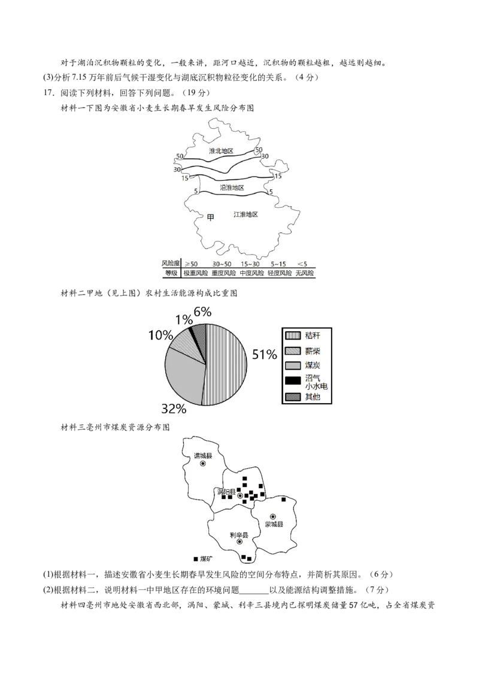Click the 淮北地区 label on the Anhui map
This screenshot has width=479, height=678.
[221, 151]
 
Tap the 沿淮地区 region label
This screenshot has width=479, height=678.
[232, 187]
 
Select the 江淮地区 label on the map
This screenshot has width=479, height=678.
[245, 214]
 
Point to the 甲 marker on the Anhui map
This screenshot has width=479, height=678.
[211, 217]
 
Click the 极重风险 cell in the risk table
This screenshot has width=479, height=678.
[196, 273]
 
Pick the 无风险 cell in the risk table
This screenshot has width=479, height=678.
[305, 273]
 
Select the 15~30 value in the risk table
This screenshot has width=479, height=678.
[250, 264]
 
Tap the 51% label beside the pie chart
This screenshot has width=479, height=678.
[264, 355]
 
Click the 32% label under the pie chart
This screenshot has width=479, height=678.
[174, 408]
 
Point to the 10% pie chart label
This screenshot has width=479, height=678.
[160, 335]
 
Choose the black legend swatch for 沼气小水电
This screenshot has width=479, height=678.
[293, 381]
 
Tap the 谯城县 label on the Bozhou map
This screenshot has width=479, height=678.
[203, 456]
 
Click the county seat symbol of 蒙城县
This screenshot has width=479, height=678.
[273, 516]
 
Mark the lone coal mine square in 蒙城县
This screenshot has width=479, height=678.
[284, 500]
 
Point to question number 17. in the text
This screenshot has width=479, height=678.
[48, 92]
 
